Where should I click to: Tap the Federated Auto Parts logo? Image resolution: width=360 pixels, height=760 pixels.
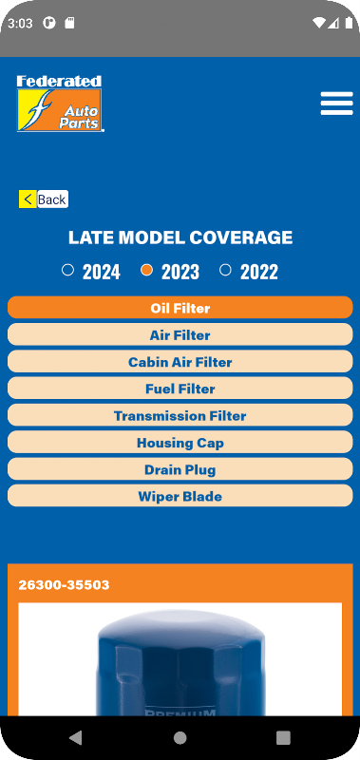coord(60,104)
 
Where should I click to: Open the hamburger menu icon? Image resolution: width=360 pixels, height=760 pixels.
coord(337,104)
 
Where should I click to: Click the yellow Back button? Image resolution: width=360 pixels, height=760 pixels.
coord(44,199)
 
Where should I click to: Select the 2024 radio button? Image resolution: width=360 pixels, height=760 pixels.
coord(67,270)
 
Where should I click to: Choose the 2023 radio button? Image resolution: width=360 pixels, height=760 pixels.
coord(147,270)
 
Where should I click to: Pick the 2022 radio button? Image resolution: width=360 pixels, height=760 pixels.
coord(225,270)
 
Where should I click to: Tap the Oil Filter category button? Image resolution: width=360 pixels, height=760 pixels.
coord(180,308)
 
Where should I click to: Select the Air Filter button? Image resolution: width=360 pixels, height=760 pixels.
coord(180,335)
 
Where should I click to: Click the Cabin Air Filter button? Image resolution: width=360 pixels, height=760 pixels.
coord(180,362)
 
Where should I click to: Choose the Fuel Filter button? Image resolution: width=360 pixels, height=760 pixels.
coord(180,389)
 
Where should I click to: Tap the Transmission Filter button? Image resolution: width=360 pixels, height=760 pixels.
coord(180,415)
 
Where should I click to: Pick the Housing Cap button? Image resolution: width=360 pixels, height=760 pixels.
coord(180,442)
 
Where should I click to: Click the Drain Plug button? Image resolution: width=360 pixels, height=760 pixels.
coord(180,469)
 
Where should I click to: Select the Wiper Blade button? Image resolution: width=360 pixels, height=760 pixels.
coord(180,496)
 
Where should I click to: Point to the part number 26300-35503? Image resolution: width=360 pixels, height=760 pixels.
coord(64,585)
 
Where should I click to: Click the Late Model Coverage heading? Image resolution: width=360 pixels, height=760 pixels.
coord(180,237)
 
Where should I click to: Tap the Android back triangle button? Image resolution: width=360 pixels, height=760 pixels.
coord(76,738)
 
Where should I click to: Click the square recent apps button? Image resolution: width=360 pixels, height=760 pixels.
coord(283,738)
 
